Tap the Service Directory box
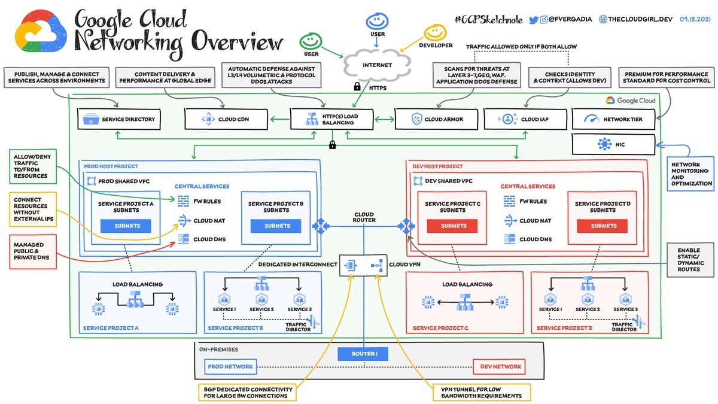pos(120,119)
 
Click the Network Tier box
pos(613,119)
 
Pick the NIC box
pos(613,144)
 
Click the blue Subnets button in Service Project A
pos(125,226)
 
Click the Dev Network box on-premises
pos(499,366)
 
